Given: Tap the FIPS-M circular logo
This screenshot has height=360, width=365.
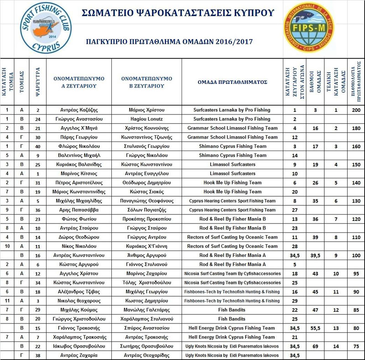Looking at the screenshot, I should [x=312, y=29].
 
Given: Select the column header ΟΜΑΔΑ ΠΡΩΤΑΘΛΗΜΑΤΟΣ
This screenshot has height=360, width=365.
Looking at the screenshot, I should [x=232, y=82].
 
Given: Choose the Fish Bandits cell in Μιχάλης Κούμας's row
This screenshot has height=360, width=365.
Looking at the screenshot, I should [x=232, y=310].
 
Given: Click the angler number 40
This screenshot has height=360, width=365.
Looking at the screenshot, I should [x=38, y=146].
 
